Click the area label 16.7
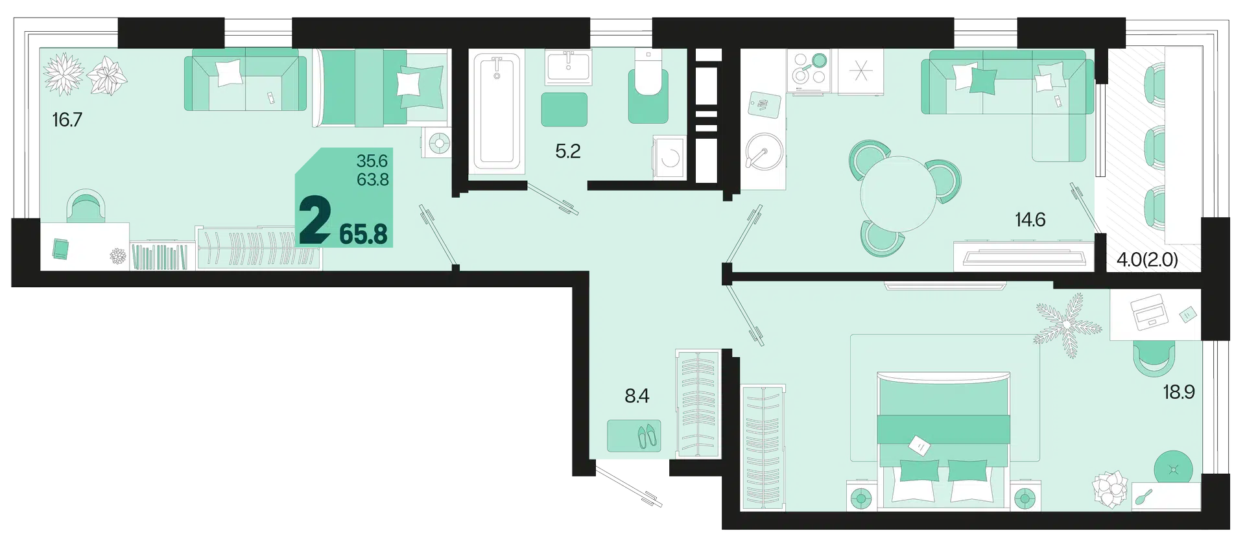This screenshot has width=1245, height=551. (x=67, y=120)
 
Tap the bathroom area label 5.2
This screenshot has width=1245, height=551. (x=568, y=151)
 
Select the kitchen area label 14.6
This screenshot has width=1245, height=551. (x=1030, y=220)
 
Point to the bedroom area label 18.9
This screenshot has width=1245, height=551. (x=1179, y=392)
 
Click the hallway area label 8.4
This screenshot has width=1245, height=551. (x=637, y=395)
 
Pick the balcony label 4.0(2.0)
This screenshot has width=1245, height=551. (x=1147, y=260)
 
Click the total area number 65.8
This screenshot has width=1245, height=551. (x=364, y=234)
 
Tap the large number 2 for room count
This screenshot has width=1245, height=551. (x=315, y=221)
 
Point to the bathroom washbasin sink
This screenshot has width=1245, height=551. (x=569, y=67)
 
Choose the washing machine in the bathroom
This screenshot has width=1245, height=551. (x=669, y=157)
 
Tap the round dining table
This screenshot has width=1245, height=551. (x=898, y=194)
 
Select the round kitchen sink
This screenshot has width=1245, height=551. (x=765, y=152)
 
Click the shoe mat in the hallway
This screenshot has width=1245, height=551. (x=634, y=436)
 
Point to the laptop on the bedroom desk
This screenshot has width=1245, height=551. (x=1149, y=311)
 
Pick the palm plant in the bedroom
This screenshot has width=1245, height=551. (x=1067, y=324)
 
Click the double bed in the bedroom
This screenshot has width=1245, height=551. (x=943, y=439)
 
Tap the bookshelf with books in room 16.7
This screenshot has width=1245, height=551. (x=160, y=256)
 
